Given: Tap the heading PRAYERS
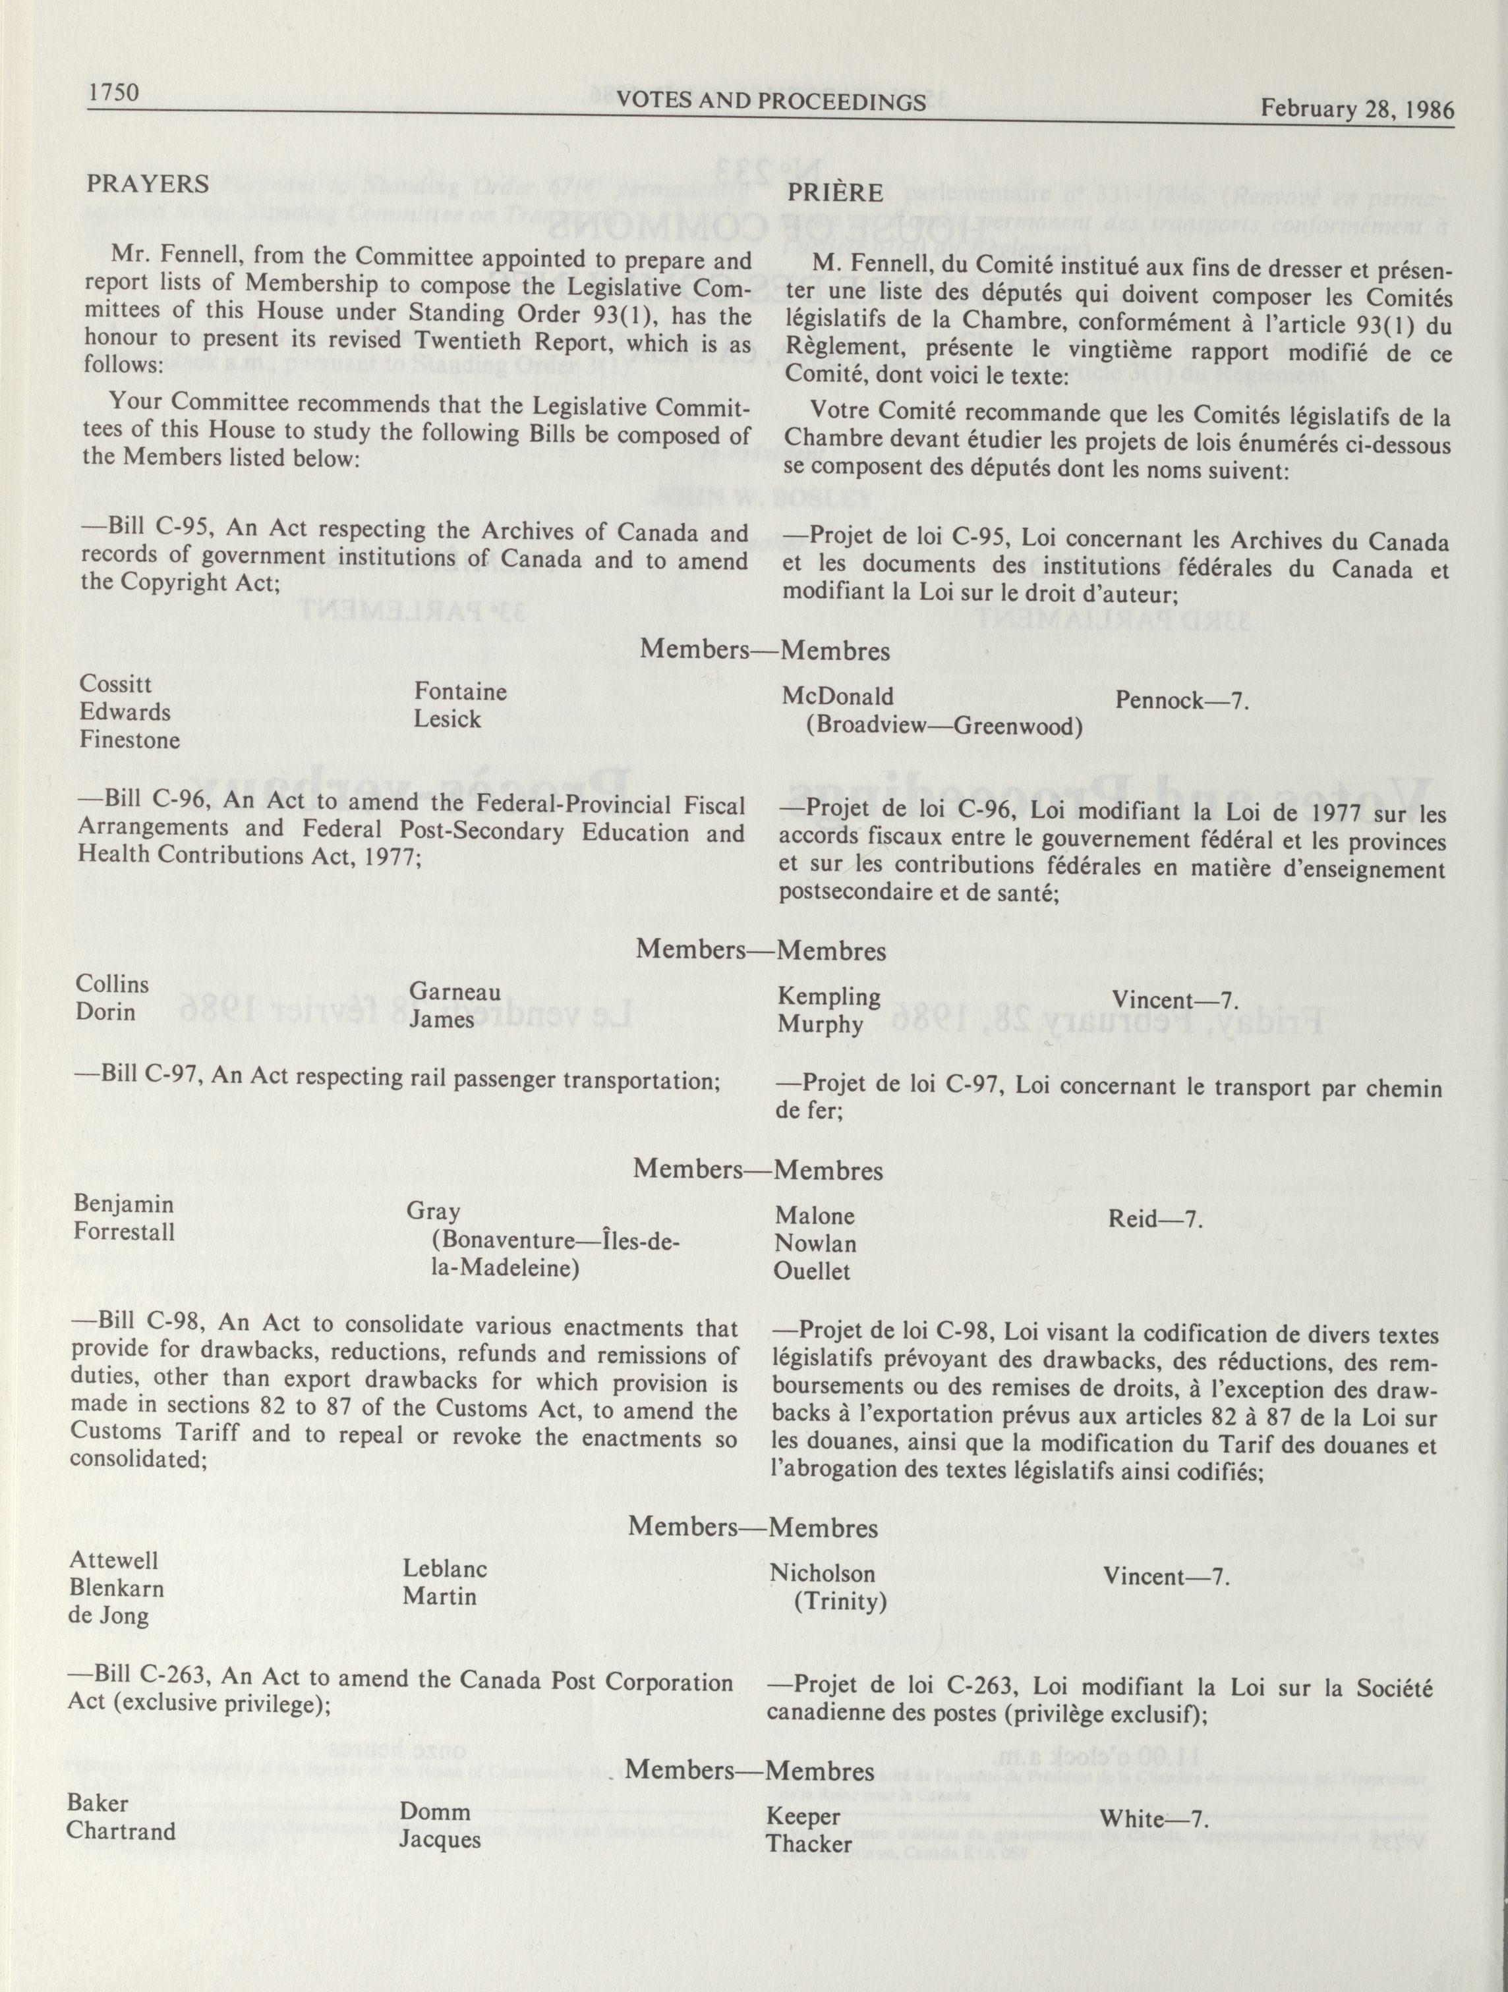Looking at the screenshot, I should [x=148, y=184].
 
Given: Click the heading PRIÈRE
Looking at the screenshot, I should [x=835, y=193].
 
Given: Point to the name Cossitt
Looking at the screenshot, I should [x=116, y=684].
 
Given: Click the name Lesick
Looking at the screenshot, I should [x=447, y=719].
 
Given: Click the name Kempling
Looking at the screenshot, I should [x=828, y=996].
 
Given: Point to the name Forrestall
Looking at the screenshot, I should [x=125, y=1232].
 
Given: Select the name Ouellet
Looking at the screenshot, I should [x=813, y=1271].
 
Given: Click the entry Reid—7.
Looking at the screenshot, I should [x=1156, y=1219].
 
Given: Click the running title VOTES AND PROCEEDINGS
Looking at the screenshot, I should [x=771, y=101].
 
